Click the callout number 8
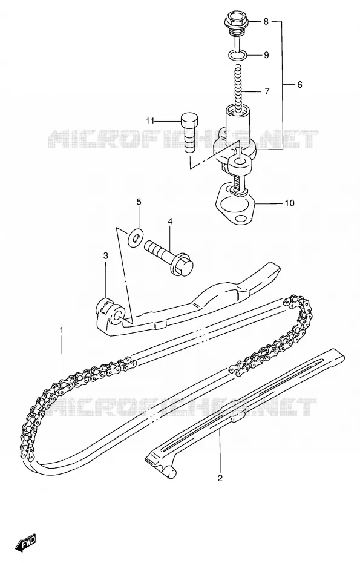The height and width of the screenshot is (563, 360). [x=266, y=22]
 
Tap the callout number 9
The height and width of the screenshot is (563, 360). [x=266, y=55]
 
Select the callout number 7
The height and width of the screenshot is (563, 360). [x=267, y=91]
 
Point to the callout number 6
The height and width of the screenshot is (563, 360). [x=299, y=85]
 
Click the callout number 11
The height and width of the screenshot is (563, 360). [x=149, y=121]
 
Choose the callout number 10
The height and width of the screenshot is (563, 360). [x=289, y=203]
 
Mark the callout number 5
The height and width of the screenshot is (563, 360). [x=139, y=202]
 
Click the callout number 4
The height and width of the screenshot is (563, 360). [x=170, y=221]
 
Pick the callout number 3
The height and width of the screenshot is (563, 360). [x=105, y=255]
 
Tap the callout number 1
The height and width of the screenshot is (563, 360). [x=61, y=329]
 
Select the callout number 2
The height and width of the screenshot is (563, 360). [x=220, y=478]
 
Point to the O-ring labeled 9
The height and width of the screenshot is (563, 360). [x=237, y=55]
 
